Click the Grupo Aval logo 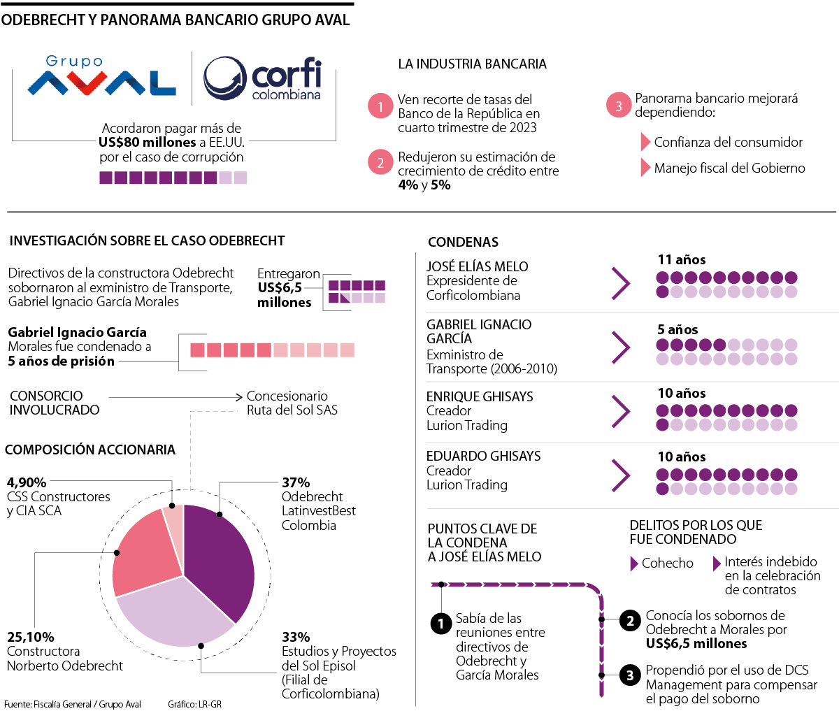(102, 77)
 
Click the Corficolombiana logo (263, 79)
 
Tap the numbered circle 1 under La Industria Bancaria (380, 106)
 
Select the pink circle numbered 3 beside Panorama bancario (618, 106)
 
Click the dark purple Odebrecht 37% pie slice (221, 559)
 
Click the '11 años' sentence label (682, 260)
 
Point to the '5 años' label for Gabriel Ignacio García (677, 329)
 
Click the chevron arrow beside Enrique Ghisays (620, 411)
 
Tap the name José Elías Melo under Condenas (478, 266)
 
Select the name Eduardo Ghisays (484, 456)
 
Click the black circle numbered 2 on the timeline (630, 620)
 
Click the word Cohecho (668, 563)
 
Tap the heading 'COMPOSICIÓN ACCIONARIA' (90, 450)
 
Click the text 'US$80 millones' (148, 143)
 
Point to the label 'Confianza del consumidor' (729, 143)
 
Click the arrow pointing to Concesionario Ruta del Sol (175, 397)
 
